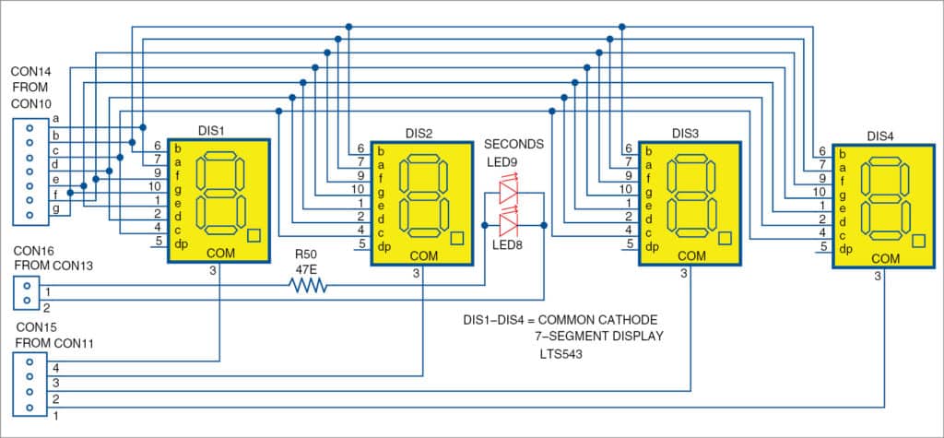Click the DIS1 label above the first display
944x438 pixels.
(x=212, y=130)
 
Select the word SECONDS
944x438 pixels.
(x=514, y=145)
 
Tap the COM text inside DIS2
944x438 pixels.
(x=423, y=255)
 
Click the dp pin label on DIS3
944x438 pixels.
(x=652, y=244)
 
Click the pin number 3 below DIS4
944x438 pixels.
(x=878, y=276)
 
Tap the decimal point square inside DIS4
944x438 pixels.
(x=918, y=241)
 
